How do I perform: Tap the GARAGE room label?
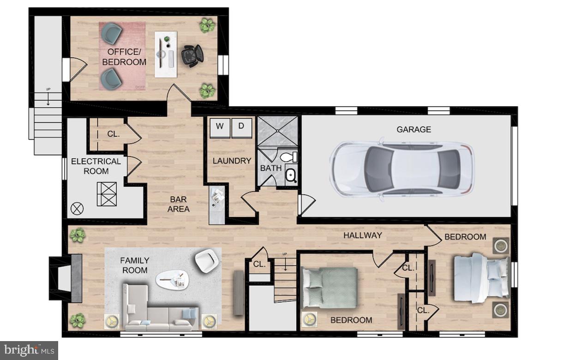(x=414, y=130)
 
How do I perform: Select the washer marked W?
(x=220, y=127)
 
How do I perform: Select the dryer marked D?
(x=241, y=127)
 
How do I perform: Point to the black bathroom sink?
(x=291, y=175)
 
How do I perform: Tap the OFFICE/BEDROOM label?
(x=124, y=57)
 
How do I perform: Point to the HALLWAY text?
(x=362, y=235)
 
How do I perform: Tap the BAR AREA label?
(x=178, y=204)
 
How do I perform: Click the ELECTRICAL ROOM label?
(x=96, y=166)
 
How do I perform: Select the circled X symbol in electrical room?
(x=77, y=209)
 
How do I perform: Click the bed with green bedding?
(x=329, y=288)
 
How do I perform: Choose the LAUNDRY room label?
(x=232, y=161)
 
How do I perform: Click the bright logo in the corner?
(x=29, y=350)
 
